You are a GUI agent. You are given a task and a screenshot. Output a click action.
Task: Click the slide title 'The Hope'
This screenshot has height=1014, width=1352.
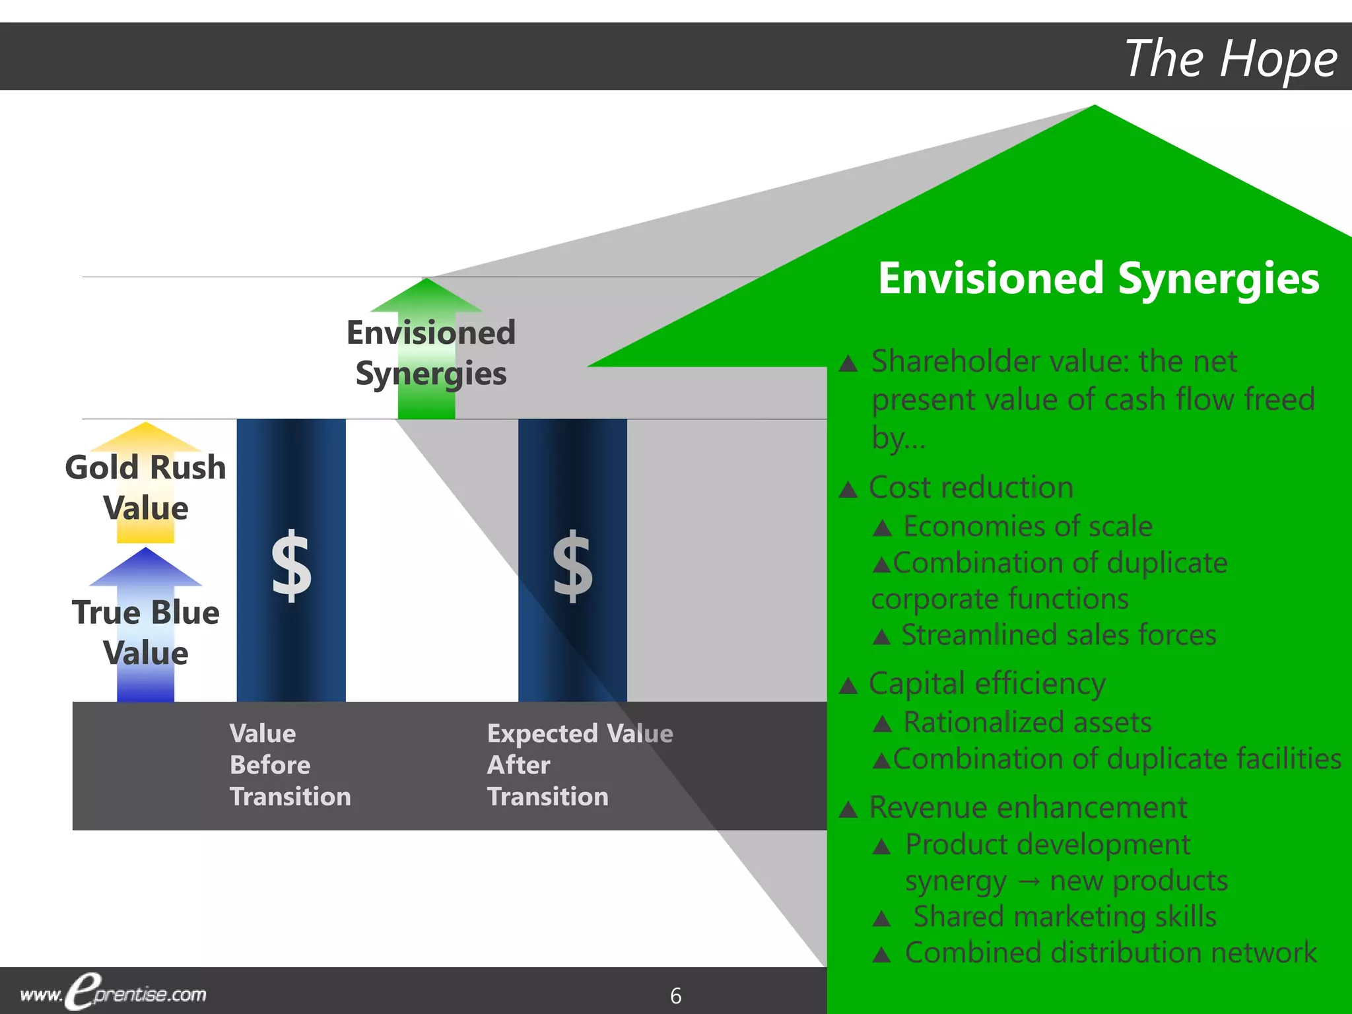1231,59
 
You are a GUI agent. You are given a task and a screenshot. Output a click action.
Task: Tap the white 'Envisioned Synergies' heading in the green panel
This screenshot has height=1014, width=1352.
1098,279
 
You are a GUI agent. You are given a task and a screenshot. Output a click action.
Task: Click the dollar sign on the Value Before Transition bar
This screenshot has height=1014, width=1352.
291,566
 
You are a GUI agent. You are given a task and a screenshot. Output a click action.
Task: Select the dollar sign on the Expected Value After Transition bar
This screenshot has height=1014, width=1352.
572,566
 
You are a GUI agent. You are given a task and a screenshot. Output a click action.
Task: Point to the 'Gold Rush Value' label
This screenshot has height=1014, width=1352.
145,487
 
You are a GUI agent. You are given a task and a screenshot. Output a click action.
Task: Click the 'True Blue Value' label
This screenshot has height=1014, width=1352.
145,632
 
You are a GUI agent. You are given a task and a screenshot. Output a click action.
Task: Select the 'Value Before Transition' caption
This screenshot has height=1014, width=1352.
289,764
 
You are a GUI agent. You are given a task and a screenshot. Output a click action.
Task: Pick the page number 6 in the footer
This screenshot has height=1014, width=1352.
675,996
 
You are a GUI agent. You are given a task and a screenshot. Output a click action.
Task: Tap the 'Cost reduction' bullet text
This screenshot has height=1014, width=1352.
970,488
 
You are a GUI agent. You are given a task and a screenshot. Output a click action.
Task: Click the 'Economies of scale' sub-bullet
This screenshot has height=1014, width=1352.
1027,526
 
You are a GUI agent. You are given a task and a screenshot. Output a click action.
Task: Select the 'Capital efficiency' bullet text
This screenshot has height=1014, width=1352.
986,684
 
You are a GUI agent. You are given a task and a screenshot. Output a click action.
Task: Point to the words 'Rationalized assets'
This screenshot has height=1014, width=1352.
1027,722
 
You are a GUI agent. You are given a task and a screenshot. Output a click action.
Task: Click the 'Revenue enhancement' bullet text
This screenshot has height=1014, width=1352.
1027,807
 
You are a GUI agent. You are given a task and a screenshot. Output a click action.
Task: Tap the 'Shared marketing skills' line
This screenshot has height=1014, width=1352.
1064,916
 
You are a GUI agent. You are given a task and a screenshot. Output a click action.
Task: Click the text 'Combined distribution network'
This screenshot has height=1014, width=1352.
1110,953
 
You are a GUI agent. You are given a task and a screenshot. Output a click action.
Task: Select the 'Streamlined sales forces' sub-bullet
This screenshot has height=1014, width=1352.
1059,635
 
